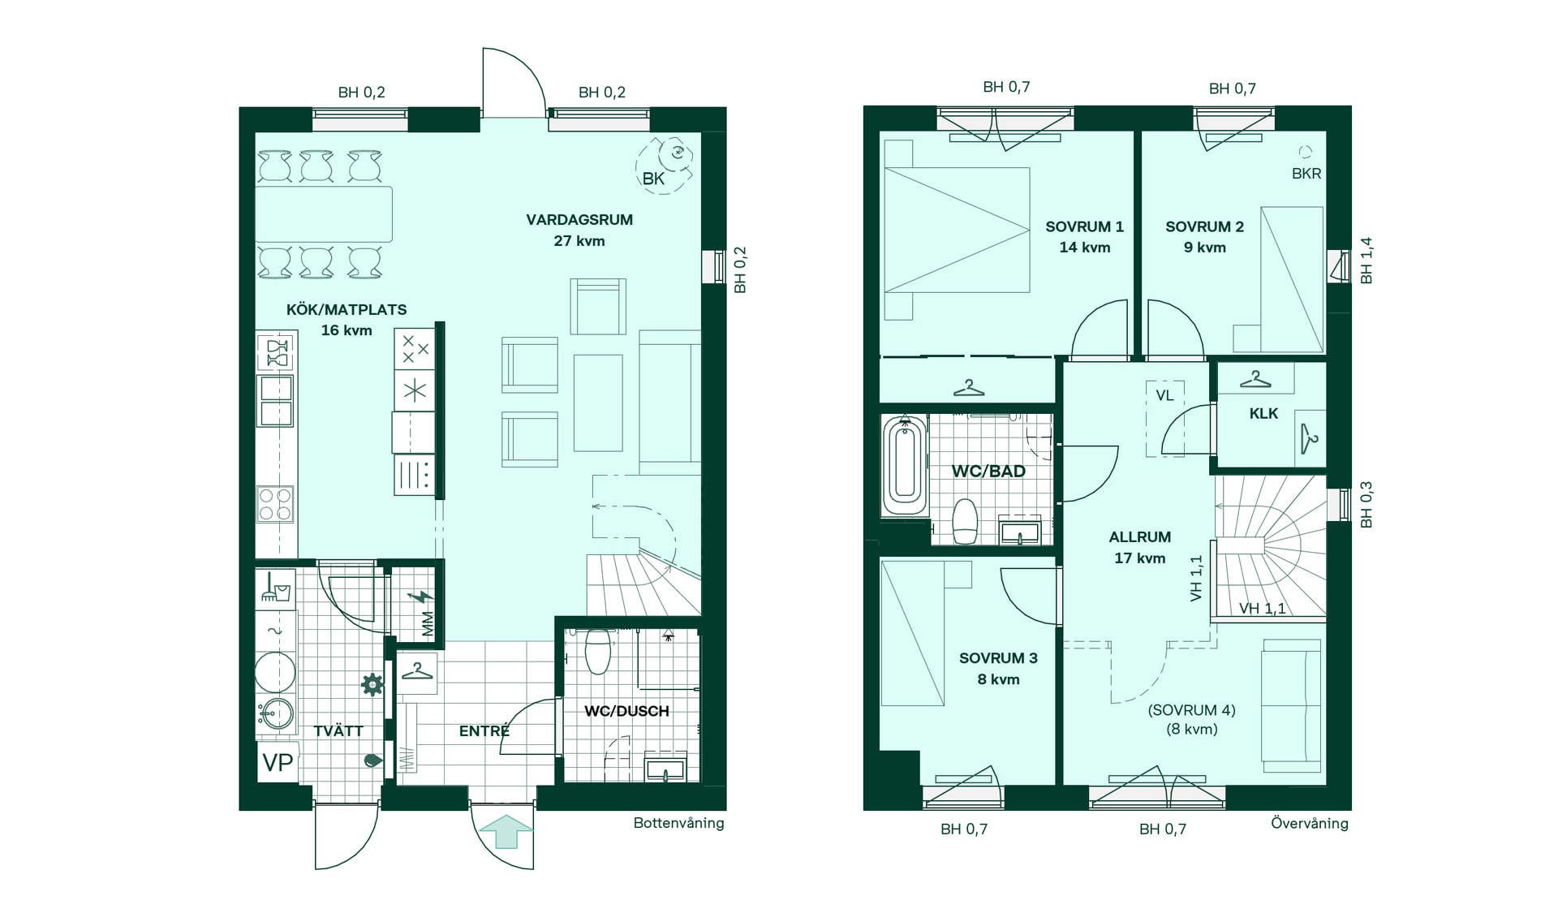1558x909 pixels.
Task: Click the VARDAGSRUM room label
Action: [x=579, y=220]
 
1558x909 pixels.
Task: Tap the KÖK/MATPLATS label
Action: [x=346, y=309]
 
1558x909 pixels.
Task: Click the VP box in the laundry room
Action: [x=278, y=762]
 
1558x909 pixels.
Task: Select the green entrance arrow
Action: [x=506, y=832]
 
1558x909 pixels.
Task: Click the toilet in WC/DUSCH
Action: [x=597, y=651]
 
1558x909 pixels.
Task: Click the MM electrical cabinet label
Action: [x=428, y=624]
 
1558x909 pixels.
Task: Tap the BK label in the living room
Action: [x=653, y=179]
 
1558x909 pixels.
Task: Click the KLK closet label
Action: [x=1263, y=414]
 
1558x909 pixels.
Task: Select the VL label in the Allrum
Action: [x=1164, y=396]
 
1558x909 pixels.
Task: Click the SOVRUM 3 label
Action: [x=998, y=658]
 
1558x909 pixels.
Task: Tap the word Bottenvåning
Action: [x=678, y=823]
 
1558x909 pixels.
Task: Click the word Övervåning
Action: [x=1310, y=823]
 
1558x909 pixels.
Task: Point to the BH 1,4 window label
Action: [x=1366, y=261]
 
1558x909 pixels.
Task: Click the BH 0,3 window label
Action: [x=1366, y=505]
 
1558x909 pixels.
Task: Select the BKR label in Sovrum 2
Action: [x=1306, y=174]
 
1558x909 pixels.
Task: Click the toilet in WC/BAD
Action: [x=965, y=521]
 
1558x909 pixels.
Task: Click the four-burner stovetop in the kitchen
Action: [x=274, y=504]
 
